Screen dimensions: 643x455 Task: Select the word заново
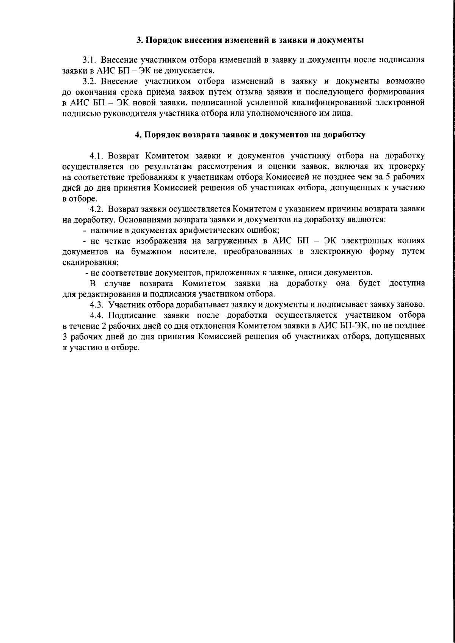(411, 304)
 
